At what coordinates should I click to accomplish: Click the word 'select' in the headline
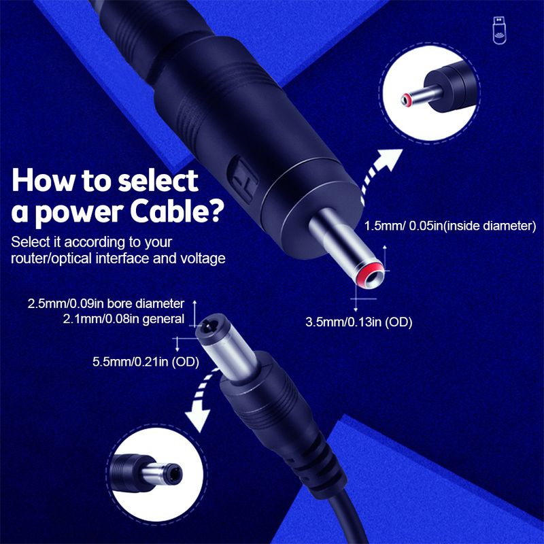click(x=158, y=180)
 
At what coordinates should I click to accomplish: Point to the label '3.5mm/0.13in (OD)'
click(x=359, y=322)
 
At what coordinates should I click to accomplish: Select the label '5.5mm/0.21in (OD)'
click(x=146, y=362)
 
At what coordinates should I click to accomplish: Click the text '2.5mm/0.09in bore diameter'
click(x=106, y=303)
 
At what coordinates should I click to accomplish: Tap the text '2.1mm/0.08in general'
click(x=124, y=319)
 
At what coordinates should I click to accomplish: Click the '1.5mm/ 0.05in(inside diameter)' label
click(x=450, y=226)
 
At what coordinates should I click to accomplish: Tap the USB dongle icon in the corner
click(x=499, y=31)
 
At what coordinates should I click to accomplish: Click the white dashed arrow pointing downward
click(x=201, y=403)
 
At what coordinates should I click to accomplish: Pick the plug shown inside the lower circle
click(x=146, y=473)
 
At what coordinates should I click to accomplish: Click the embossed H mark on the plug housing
click(x=243, y=179)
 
